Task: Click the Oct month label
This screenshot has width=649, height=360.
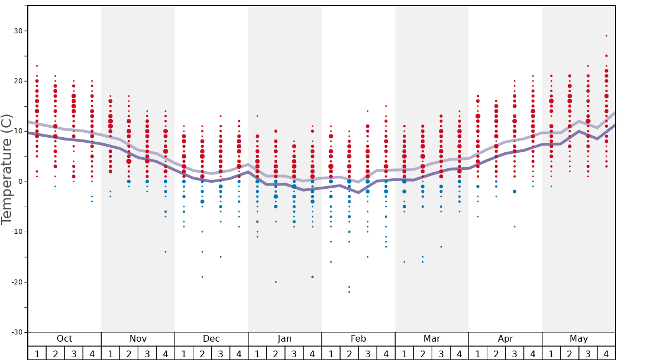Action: pos(64,339)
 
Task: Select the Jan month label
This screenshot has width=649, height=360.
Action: pos(284,339)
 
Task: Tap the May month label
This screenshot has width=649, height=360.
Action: pos(578,339)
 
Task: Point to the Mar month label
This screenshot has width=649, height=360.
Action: pos(432,339)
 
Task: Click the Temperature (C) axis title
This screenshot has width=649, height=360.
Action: pos(7,169)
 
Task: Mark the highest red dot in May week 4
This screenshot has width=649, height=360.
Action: pos(606,36)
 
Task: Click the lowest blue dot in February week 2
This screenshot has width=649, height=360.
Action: pos(349,292)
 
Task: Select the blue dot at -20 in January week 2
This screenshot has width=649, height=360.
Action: pos(276,282)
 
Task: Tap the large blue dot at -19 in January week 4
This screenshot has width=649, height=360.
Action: pos(312,277)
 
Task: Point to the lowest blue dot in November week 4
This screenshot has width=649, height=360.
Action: pos(166,252)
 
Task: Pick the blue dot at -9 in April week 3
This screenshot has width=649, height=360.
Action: pos(515,227)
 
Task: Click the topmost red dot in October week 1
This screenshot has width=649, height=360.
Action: pos(37,66)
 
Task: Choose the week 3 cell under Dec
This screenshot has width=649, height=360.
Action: pos(221,353)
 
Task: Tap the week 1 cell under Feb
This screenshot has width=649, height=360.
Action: pos(331,353)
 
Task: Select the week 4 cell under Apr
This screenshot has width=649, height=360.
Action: pos(533,353)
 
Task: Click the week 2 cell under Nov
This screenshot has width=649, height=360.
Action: pos(129,353)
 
